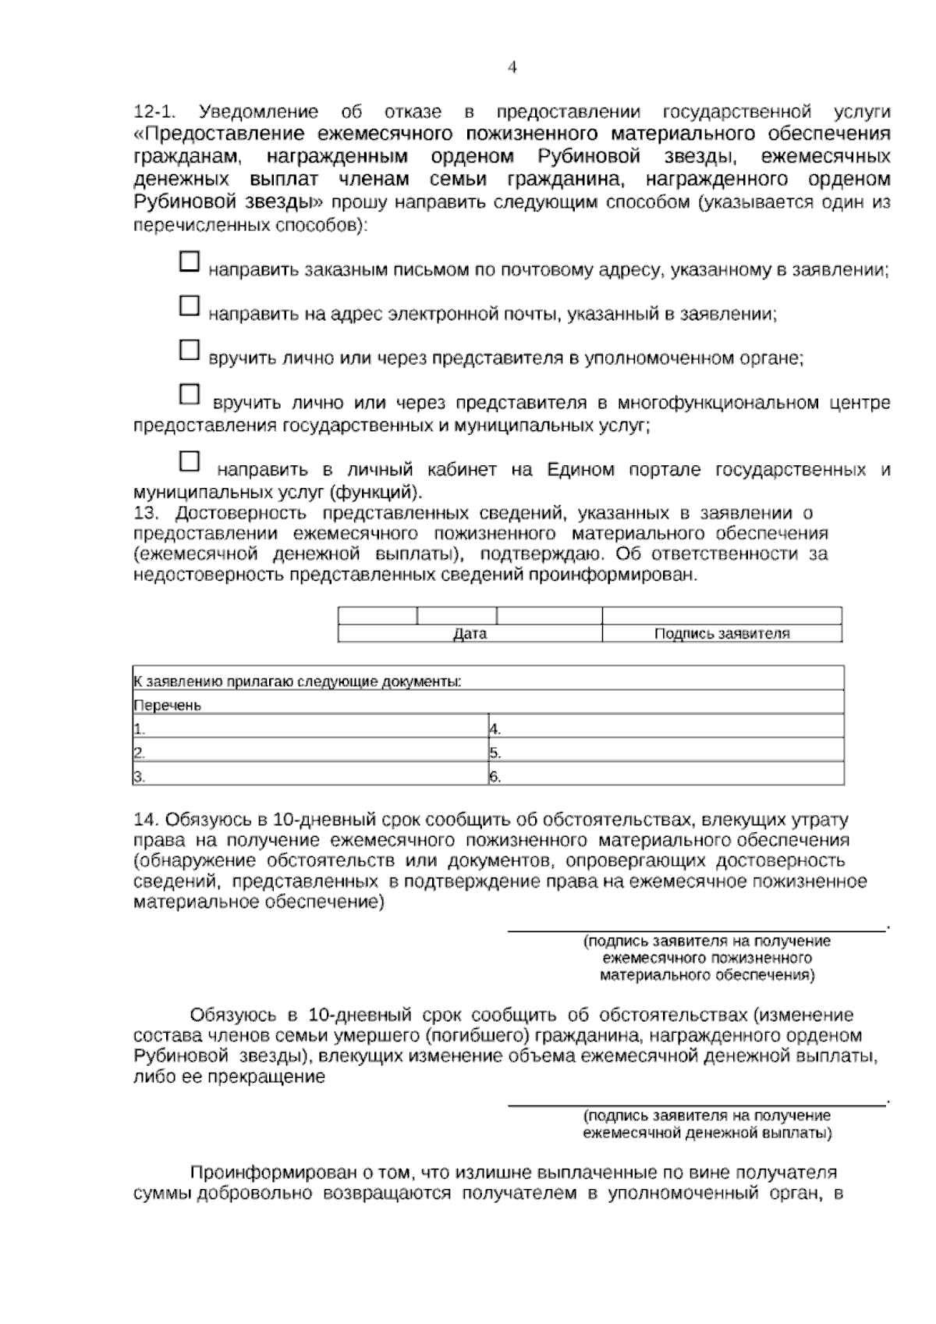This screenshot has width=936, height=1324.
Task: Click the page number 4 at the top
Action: pyautogui.click(x=512, y=67)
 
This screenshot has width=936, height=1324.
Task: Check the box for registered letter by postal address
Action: pyautogui.click(x=190, y=262)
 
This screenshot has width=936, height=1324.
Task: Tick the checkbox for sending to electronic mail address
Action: pyautogui.click(x=190, y=305)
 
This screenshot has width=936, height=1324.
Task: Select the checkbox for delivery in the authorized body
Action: pyautogui.click(x=190, y=350)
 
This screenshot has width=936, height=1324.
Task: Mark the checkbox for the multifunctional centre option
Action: pyautogui.click(x=190, y=394)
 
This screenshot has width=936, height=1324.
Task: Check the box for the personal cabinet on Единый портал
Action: pyautogui.click(x=190, y=461)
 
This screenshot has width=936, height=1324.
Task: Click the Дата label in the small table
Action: pyautogui.click(x=470, y=634)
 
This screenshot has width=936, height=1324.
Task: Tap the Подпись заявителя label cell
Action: pyautogui.click(x=721, y=634)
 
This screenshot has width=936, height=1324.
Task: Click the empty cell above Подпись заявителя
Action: pyautogui.click(x=721, y=615)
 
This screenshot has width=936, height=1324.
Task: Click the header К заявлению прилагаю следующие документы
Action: pyautogui.click(x=298, y=682)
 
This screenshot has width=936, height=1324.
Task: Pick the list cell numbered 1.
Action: pyautogui.click(x=310, y=730)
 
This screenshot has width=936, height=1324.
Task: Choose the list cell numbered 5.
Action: pyautogui.click(x=665, y=753)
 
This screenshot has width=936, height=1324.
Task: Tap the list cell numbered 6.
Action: pyautogui.click(x=665, y=777)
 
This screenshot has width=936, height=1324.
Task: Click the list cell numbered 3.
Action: pyautogui.click(x=310, y=777)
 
